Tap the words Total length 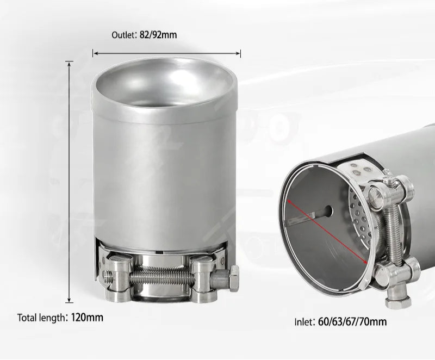point(41,318)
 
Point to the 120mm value point(87,318)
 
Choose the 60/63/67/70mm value point(351,321)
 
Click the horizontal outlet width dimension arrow point(166,53)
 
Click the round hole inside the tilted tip point(329,209)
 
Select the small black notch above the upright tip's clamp point(163,252)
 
